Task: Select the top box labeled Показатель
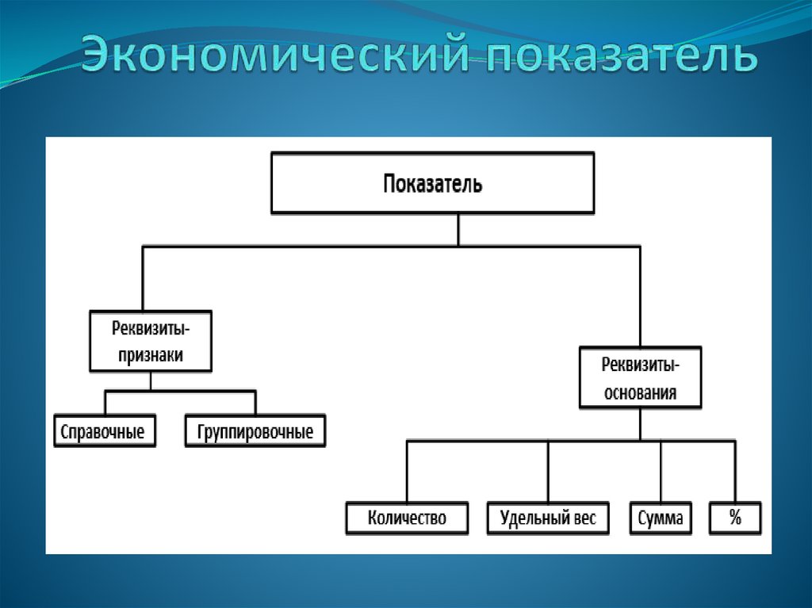tap(432, 184)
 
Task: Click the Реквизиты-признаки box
tap(151, 342)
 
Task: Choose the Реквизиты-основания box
tap(640, 377)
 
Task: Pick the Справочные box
tap(104, 431)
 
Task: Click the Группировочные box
tap(255, 431)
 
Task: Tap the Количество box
tap(407, 518)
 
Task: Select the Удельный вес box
tap(548, 518)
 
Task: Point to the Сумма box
tap(660, 518)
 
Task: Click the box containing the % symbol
tap(735, 518)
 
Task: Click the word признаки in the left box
tap(151, 356)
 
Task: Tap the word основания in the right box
tap(640, 392)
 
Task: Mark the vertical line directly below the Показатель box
tap(458, 230)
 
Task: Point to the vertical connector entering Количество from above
tap(407, 472)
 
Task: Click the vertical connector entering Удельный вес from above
tap(548, 472)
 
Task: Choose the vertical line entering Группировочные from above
tap(255, 402)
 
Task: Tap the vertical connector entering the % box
tap(735, 472)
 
